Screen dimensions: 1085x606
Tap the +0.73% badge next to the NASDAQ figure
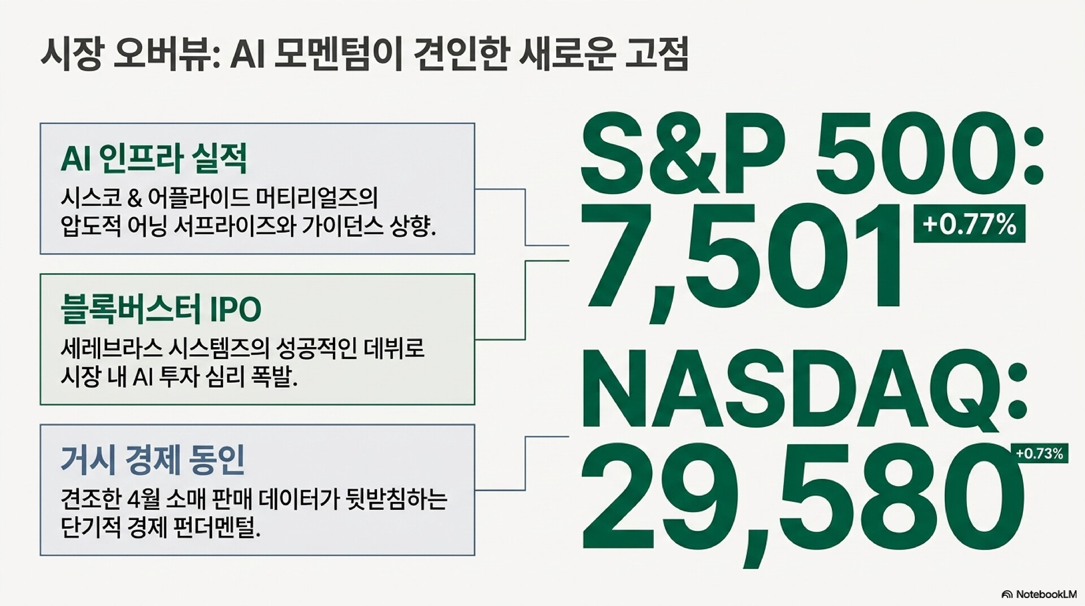[1039, 453]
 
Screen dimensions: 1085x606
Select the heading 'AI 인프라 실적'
[154, 159]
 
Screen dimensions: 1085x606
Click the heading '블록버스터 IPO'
[161, 309]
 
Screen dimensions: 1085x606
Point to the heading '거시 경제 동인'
[153, 461]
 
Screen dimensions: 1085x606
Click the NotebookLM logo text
[1039, 594]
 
